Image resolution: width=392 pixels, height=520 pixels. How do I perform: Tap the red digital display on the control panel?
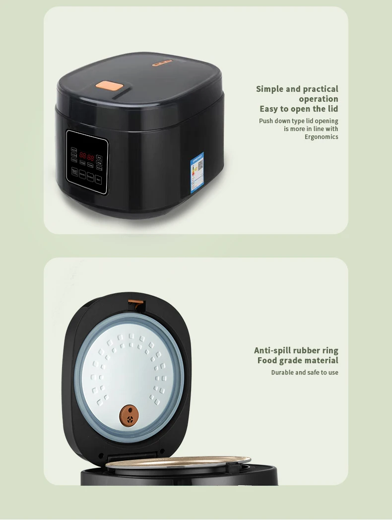[x=87, y=156]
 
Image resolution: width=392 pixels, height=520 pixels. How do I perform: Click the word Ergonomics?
[x=322, y=137]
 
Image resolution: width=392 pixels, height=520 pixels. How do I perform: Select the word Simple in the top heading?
[x=270, y=89]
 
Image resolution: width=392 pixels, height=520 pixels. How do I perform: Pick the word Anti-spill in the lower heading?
[x=272, y=350]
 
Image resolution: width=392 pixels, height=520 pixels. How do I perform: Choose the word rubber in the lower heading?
[x=307, y=350]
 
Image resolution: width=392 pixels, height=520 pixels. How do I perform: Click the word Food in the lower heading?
[x=267, y=361]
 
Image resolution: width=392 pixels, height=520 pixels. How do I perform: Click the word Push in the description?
[x=265, y=121]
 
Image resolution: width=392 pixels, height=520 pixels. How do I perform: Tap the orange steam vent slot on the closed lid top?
[x=162, y=63]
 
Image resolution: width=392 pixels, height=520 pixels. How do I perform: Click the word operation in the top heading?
[x=319, y=99]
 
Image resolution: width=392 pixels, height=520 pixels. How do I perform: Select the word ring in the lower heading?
[x=330, y=350]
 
